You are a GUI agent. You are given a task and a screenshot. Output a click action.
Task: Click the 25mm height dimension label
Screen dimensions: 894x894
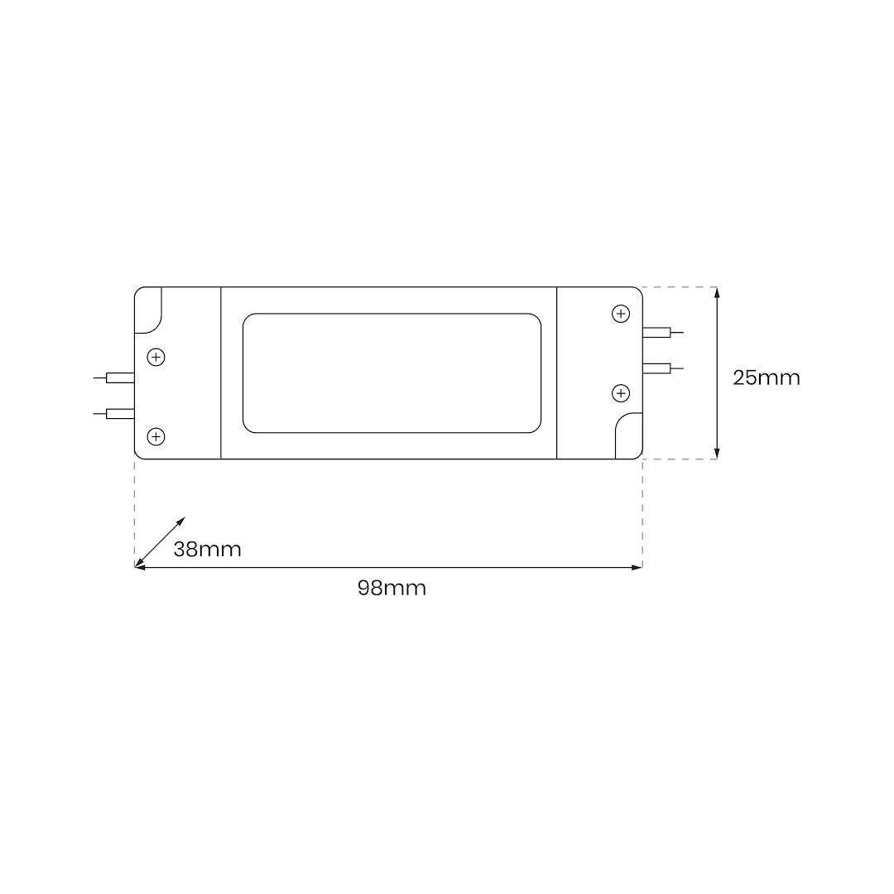click(x=766, y=377)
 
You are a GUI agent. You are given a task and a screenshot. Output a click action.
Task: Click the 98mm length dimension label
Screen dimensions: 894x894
click(x=392, y=589)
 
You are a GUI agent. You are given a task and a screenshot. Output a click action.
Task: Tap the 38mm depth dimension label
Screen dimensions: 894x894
click(x=207, y=550)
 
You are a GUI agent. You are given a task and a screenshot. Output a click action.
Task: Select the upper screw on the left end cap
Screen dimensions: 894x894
click(x=156, y=358)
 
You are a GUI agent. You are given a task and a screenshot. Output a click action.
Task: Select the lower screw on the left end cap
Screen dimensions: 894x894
click(x=156, y=436)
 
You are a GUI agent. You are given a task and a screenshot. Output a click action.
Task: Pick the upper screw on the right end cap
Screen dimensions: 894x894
click(x=621, y=314)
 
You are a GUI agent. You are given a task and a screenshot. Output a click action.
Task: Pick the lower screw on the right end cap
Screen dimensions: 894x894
click(x=621, y=392)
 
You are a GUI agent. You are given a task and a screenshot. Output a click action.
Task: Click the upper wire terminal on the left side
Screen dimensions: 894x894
click(x=120, y=378)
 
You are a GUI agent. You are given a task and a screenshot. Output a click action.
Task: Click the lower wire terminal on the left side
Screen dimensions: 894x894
click(x=120, y=413)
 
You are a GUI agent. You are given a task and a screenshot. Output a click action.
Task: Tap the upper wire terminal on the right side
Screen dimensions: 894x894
click(x=656, y=333)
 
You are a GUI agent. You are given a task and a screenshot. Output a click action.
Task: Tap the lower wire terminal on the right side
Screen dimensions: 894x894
click(x=656, y=368)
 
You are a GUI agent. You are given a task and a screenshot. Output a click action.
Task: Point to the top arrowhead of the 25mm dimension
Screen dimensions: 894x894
click(x=717, y=292)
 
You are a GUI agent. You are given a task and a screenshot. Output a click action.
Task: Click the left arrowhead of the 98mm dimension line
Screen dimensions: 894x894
click(x=140, y=567)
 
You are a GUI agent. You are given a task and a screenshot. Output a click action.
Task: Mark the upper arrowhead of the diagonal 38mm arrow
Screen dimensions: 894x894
click(x=181, y=521)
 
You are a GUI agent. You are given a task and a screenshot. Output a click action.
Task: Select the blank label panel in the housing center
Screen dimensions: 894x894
click(x=392, y=372)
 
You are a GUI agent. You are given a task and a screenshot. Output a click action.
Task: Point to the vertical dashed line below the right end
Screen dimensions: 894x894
click(x=642, y=513)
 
